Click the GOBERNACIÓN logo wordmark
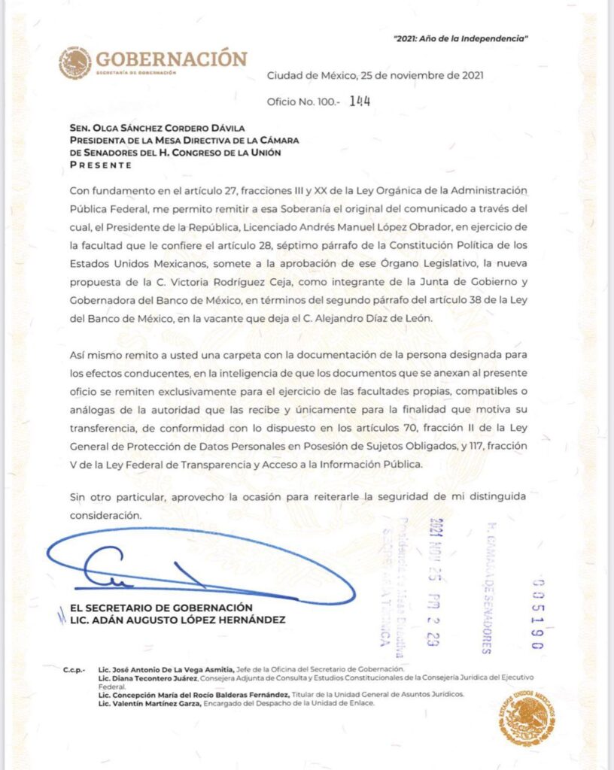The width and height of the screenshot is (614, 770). tap(172, 59)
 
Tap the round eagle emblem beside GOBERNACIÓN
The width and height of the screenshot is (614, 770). tap(74, 63)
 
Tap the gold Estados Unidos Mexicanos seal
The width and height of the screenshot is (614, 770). tap(527, 719)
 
